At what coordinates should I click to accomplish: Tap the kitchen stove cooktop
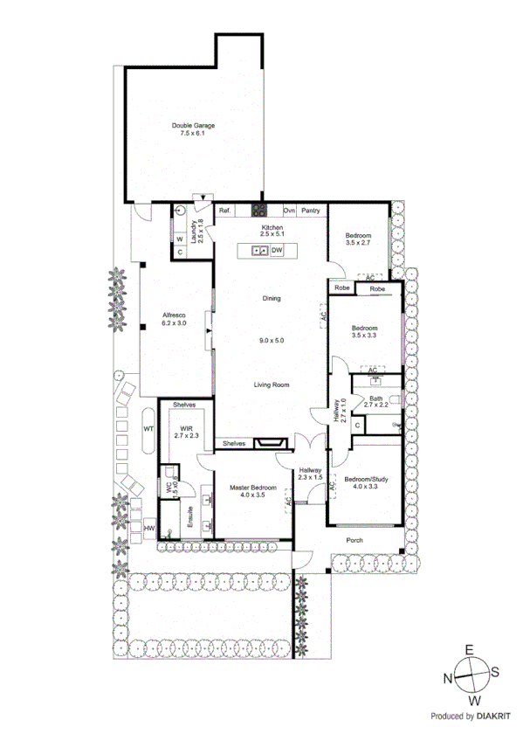[x=259, y=210]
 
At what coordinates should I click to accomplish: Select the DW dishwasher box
[x=277, y=251]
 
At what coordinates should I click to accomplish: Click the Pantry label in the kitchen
[x=311, y=211]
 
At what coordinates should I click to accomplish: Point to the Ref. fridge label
[x=224, y=211]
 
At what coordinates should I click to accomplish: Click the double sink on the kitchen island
[x=258, y=251]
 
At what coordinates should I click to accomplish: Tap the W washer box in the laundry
[x=179, y=239]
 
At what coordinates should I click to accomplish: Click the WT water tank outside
[x=148, y=429]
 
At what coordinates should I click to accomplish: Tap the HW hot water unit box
[x=148, y=530]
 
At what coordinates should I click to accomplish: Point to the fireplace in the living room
[x=272, y=444]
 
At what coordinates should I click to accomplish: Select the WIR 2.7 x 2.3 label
[x=186, y=432]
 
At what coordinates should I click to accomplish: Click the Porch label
[x=354, y=539]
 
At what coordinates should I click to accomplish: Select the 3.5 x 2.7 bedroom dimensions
[x=358, y=243]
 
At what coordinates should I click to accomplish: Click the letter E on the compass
[x=468, y=649]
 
